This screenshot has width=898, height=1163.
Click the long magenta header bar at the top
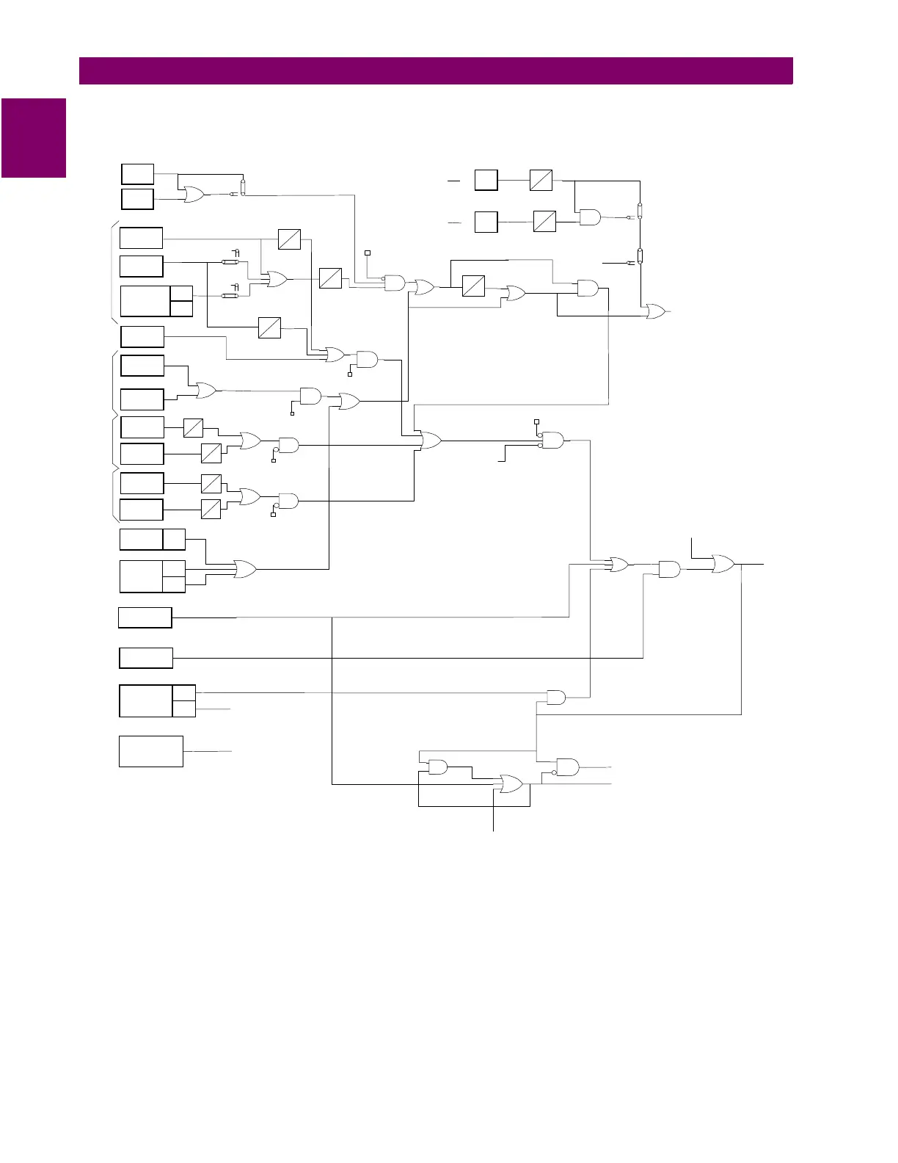[436, 71]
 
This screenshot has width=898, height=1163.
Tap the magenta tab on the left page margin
[34, 138]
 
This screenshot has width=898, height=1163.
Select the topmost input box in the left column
[137, 174]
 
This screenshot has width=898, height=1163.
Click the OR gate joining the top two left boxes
[194, 195]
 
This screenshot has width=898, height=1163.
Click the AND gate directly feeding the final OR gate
[669, 569]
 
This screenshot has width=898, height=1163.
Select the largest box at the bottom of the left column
[151, 751]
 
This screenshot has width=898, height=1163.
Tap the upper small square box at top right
[486, 180]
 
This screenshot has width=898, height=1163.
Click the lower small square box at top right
[486, 222]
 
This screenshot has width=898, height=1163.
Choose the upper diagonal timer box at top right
[541, 180]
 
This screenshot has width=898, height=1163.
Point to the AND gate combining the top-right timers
[589, 217]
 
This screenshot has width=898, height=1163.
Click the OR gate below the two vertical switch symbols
[654, 311]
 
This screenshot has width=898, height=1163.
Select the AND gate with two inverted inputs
[552, 441]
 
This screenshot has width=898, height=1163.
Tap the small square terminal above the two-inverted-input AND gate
[536, 421]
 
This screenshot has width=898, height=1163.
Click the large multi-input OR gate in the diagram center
[431, 441]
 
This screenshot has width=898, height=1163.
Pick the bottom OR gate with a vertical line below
[511, 784]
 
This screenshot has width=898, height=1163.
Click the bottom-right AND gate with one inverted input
[567, 767]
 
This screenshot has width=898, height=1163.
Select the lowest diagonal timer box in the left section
[211, 509]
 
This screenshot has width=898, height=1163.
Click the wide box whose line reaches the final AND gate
[146, 658]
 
